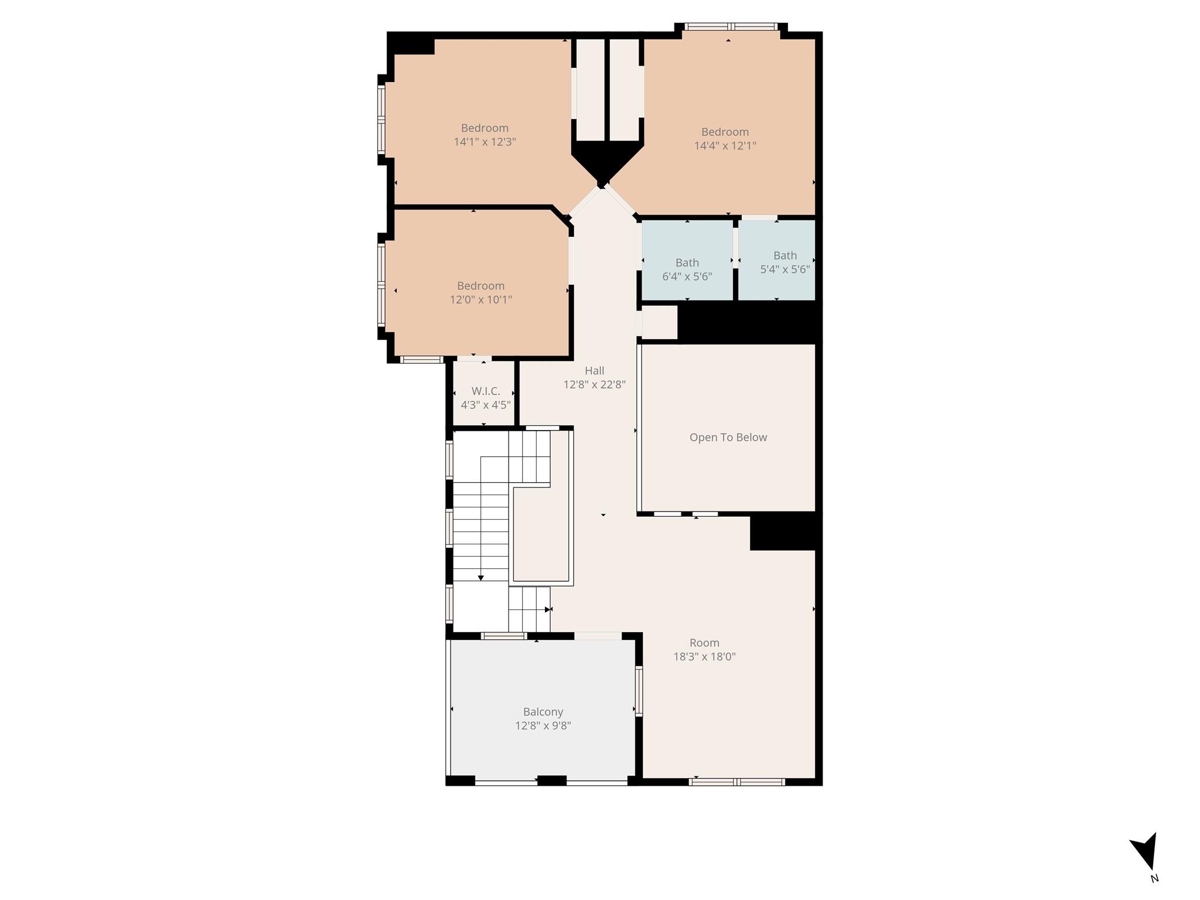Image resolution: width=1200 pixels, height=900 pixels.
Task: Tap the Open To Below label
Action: coord(728,437)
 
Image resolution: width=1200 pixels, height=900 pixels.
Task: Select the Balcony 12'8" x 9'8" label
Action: coord(543,718)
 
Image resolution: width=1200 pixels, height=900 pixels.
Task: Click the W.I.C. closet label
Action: coord(485,398)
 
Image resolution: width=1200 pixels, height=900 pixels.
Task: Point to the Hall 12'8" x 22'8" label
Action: coord(594,377)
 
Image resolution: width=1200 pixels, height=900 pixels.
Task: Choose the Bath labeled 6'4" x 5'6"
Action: coord(687,269)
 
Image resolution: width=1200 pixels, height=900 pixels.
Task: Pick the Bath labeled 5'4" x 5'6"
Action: coord(785,262)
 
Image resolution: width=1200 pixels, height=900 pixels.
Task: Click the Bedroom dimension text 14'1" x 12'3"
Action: coord(485,142)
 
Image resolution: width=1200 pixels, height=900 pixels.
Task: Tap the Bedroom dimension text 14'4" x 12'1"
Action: coord(725,146)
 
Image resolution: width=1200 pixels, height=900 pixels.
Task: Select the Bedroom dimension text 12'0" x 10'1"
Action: coord(480,299)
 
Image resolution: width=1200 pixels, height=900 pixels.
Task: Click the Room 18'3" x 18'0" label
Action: coord(704,649)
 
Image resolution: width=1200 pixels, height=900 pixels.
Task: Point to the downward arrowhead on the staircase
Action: coord(480,578)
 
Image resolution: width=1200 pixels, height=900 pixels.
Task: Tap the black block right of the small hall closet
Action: coord(747,322)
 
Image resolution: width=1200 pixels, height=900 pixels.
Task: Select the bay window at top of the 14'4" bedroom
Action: coord(731,26)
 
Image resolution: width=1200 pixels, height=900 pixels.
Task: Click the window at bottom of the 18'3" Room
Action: coord(737,781)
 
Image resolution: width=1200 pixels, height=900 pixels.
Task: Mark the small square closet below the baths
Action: coord(660,322)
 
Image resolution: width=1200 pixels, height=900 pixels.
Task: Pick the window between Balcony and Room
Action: coord(639,691)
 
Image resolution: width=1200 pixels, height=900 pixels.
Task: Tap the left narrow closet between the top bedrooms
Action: coord(590,90)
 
